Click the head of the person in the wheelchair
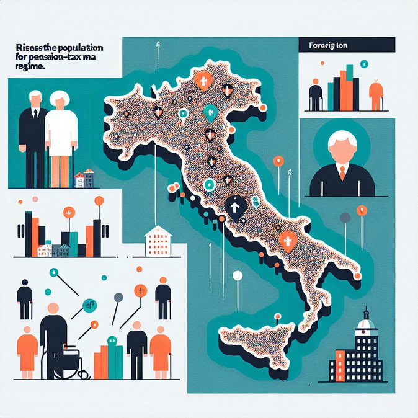coord(52,308)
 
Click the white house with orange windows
coord(158,242)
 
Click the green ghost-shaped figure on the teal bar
coord(112,340)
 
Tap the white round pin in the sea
coord(236,277)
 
